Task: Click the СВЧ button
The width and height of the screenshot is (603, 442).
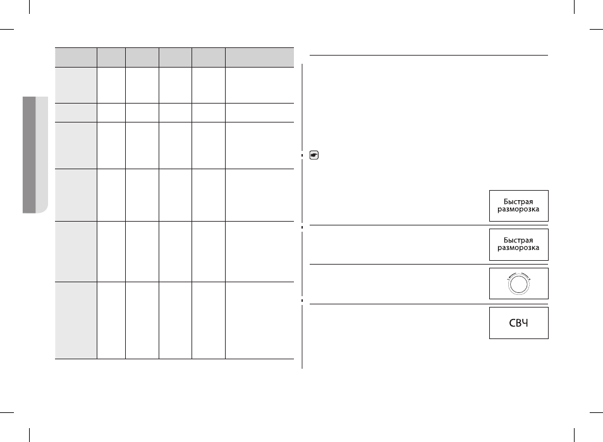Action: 518,323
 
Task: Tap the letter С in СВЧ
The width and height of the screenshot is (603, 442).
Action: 512,323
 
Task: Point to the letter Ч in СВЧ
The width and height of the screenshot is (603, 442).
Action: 525,323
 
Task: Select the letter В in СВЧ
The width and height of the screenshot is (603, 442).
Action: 518,323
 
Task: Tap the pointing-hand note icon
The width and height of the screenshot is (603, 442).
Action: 314,155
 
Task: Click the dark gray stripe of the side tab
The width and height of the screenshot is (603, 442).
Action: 29,155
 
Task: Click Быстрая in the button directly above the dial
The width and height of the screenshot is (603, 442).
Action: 518,241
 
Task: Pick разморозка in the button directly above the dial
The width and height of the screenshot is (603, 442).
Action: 518,248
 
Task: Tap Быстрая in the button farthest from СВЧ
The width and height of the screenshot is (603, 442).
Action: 518,202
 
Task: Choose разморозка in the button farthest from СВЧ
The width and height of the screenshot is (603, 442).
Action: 518,209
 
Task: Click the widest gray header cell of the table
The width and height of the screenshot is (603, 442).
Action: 260,57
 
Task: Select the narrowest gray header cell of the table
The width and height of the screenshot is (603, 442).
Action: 111,57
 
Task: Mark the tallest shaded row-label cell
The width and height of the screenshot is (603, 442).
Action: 76,320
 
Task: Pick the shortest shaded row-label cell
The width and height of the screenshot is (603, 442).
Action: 76,112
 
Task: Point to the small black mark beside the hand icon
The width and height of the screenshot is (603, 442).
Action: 302,155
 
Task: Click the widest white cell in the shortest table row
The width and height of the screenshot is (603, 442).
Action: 260,112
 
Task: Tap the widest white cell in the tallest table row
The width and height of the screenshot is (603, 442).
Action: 260,320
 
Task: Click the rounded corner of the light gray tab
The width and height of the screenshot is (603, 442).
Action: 46,210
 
